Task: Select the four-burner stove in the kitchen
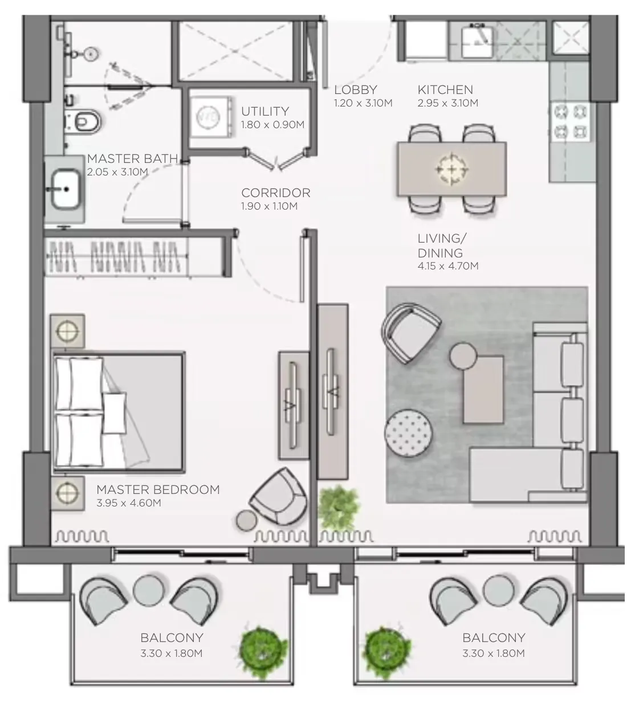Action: pyautogui.click(x=571, y=121)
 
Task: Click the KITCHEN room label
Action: pyautogui.click(x=445, y=89)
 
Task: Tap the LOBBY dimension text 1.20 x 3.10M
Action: pyautogui.click(x=363, y=103)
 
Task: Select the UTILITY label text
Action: pyautogui.click(x=264, y=111)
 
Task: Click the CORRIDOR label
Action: pyautogui.click(x=275, y=193)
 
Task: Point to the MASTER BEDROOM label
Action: pyautogui.click(x=158, y=489)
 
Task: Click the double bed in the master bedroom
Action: pyautogui.click(x=119, y=413)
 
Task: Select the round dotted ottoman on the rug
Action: pyautogui.click(x=408, y=432)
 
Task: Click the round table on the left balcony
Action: pyautogui.click(x=149, y=590)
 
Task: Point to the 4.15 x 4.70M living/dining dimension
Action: pyautogui.click(x=447, y=266)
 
